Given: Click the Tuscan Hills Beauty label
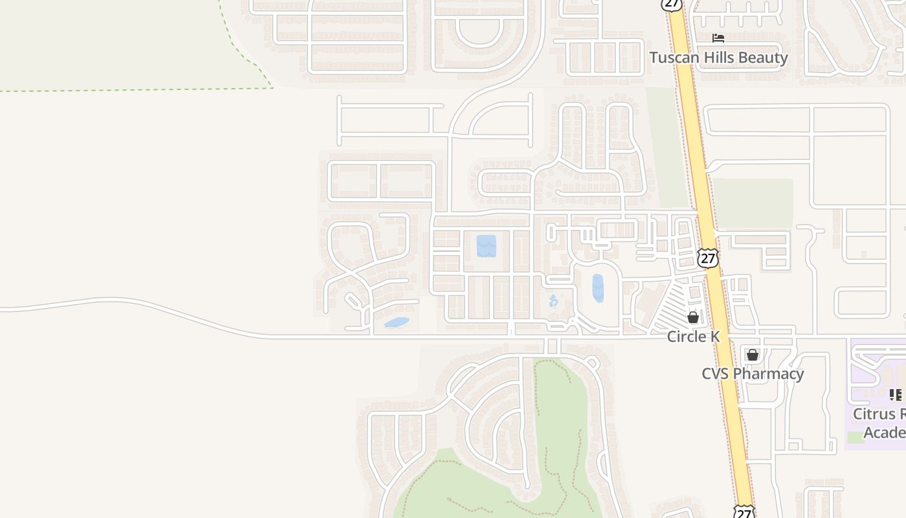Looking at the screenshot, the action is pyautogui.click(x=718, y=58).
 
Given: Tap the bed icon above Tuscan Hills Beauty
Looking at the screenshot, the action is pyautogui.click(x=718, y=38).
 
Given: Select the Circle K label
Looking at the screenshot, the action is pyautogui.click(x=693, y=337).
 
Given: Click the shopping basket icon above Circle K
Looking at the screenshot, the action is pyautogui.click(x=693, y=317).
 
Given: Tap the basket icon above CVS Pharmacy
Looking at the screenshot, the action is pyautogui.click(x=752, y=355).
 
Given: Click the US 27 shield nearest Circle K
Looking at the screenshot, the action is pyautogui.click(x=708, y=258).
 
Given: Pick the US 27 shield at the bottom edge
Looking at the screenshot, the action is pyautogui.click(x=744, y=512).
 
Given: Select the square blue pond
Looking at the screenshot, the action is pyautogui.click(x=486, y=246).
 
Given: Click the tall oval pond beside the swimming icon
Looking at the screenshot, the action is pyautogui.click(x=597, y=288).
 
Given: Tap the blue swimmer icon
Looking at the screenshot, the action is pyautogui.click(x=553, y=300).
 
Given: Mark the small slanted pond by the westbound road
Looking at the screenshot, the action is pyautogui.click(x=396, y=322).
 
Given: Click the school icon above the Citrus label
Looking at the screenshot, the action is pyautogui.click(x=896, y=394).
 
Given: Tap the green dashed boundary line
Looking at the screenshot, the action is pyautogui.click(x=129, y=90).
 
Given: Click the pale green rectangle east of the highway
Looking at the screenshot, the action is pyautogui.click(x=753, y=204).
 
